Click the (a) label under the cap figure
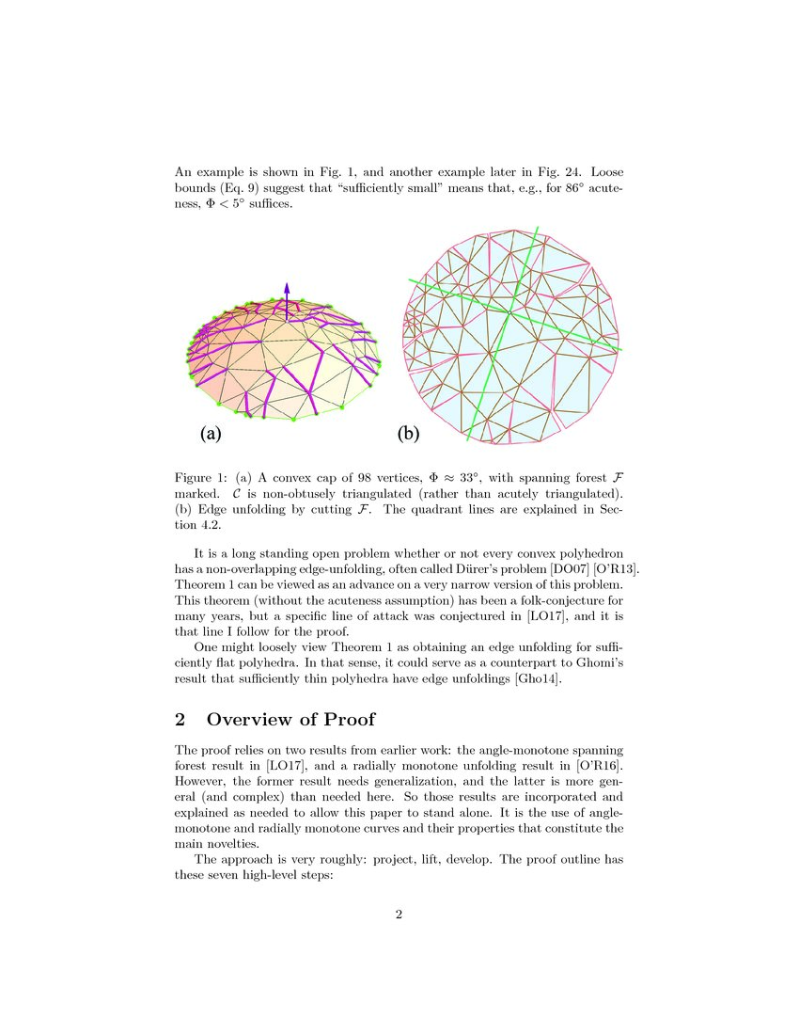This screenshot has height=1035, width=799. tap(210, 433)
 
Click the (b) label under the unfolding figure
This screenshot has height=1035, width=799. tap(409, 433)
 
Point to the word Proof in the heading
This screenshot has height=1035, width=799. tap(347, 720)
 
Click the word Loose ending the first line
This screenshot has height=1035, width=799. tap(606, 173)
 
